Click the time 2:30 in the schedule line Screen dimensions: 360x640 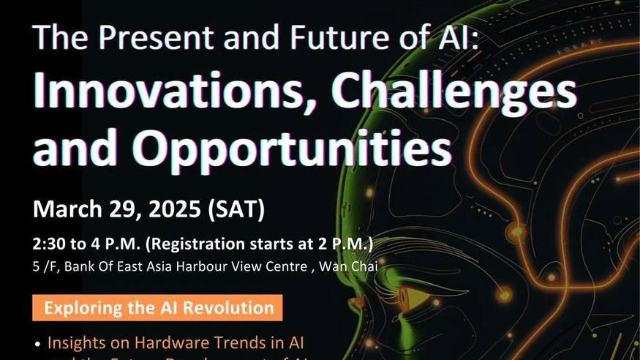(48, 244)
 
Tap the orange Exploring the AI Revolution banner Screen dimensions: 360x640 (157, 307)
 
